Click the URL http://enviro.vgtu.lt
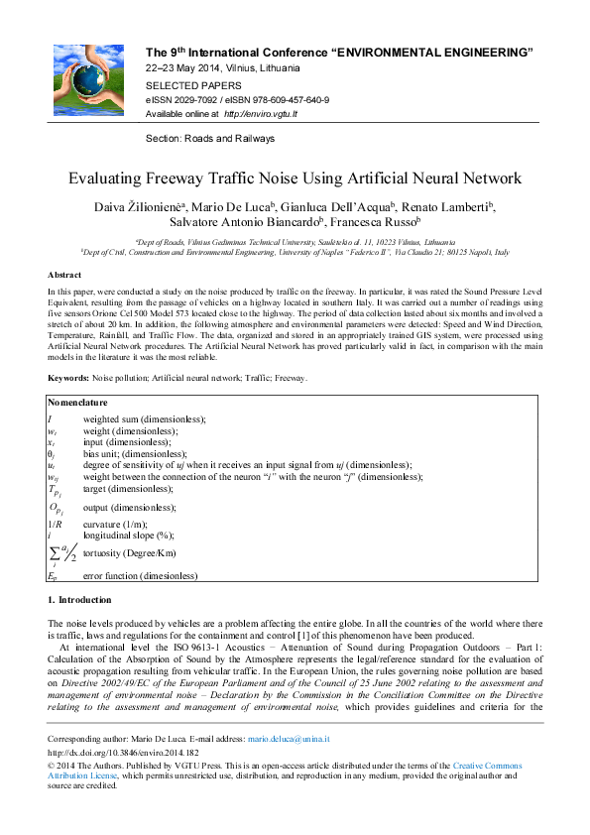coord(261,114)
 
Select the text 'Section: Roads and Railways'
coord(210,139)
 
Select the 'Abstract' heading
coord(64,275)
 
